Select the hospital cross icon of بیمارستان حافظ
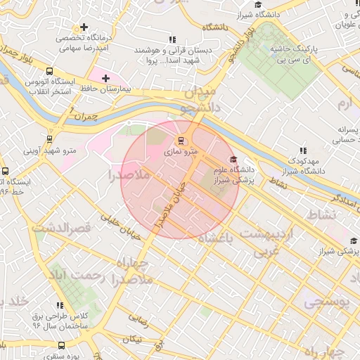(105, 78)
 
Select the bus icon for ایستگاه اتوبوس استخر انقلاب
(49, 71)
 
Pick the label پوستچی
(326, 302)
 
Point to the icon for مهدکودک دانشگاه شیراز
(303, 150)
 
